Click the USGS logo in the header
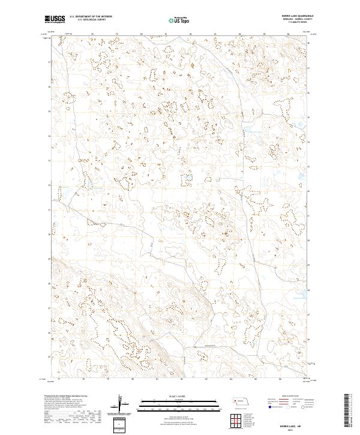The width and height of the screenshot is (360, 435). (x=55, y=19)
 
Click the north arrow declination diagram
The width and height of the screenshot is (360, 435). (x=121, y=404)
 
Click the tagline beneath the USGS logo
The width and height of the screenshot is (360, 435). (x=55, y=23)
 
